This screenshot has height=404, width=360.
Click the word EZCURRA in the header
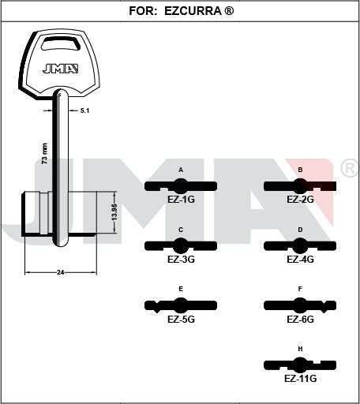(x=193, y=11)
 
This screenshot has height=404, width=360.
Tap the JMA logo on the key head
(x=60, y=69)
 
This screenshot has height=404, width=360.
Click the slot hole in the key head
(x=61, y=43)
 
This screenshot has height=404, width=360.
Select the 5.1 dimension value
(x=84, y=110)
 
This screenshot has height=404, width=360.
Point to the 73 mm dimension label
(x=45, y=154)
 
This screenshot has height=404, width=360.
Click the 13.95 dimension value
(x=114, y=212)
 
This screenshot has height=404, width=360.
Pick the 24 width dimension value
(x=61, y=272)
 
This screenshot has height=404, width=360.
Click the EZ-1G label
(x=181, y=200)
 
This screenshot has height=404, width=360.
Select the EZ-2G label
(x=300, y=200)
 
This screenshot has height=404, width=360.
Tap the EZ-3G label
(x=181, y=260)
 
